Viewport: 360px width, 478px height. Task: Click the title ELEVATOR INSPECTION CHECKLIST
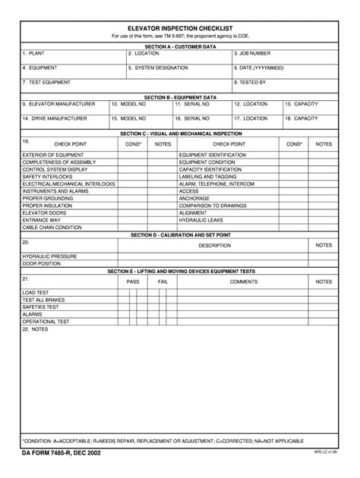click(180, 27)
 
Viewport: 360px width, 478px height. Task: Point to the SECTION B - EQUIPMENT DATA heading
click(180, 97)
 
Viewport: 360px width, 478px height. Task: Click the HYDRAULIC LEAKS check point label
click(201, 220)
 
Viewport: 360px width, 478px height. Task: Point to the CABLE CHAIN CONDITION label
click(52, 228)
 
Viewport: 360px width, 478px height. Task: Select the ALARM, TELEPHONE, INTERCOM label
click(216, 184)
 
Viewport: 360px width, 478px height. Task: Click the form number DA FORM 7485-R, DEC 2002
click(61, 453)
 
